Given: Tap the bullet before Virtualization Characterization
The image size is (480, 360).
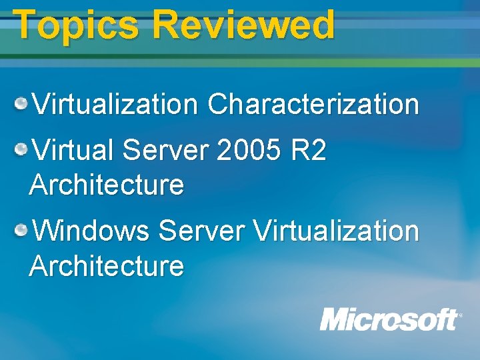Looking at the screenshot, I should tap(22, 103).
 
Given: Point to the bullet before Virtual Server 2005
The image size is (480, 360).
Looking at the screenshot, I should tap(22, 150).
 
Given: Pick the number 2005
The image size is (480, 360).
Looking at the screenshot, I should tap(248, 151).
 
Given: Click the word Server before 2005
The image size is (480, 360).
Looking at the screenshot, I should tap(166, 151).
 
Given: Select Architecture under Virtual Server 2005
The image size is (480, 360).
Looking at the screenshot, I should tap(107, 185).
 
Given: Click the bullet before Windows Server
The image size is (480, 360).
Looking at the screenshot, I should tap(22, 231).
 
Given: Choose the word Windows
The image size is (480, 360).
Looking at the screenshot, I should tap(91, 232).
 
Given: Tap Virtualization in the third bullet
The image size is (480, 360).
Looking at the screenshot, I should tap(337, 232).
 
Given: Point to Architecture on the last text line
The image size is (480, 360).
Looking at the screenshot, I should tap(107, 266).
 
